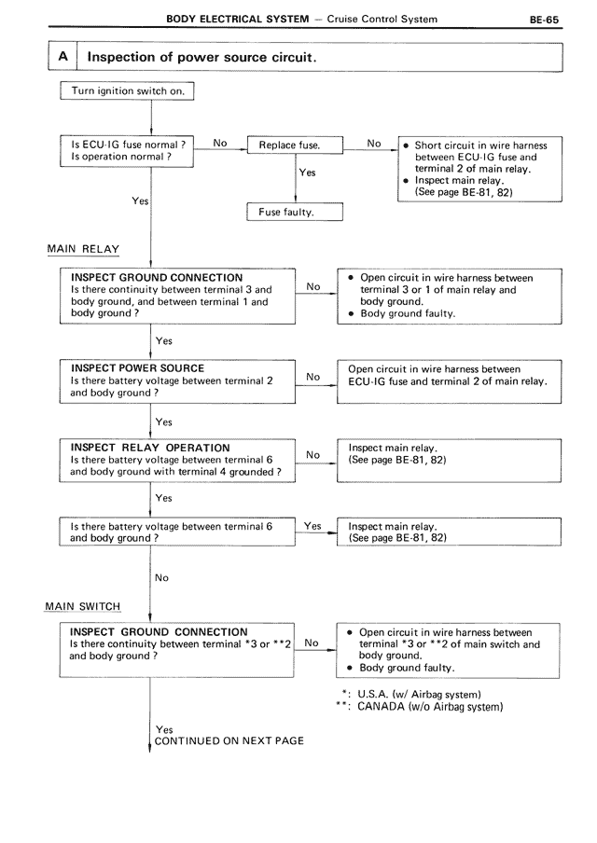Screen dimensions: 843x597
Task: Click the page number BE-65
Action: point(544,19)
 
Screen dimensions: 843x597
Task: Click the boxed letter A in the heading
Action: point(62,57)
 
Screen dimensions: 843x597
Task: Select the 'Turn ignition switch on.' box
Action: point(128,91)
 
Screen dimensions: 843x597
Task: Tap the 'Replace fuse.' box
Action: point(294,146)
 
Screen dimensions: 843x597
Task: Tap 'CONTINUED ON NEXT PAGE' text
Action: point(229,740)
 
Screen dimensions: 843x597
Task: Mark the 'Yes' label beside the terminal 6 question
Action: point(313,527)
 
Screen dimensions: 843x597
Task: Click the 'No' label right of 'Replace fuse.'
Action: point(374,144)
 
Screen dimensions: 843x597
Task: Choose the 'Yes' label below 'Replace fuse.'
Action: point(307,173)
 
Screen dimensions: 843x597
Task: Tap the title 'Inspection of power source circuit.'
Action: point(201,57)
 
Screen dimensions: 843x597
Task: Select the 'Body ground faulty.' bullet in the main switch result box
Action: point(407,668)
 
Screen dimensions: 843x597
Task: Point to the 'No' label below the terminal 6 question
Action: point(161,578)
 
